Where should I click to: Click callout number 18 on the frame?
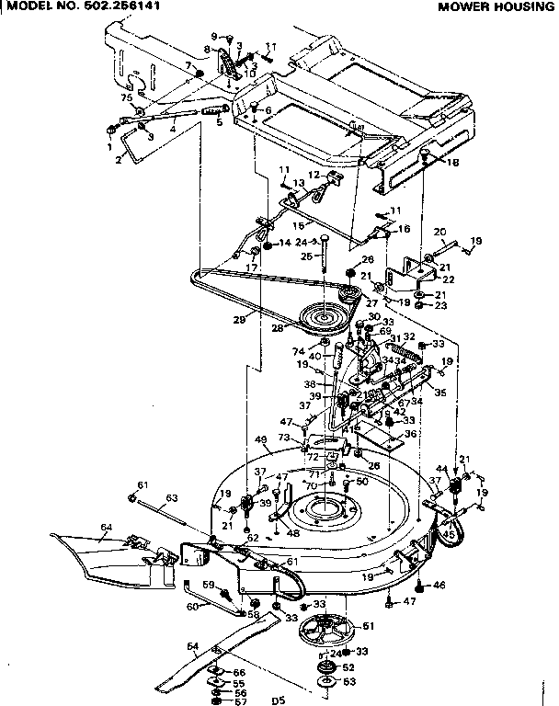452,163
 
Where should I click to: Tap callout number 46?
439,585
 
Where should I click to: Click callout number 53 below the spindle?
348,681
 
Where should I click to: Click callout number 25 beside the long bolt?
306,256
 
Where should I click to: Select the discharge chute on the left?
101,555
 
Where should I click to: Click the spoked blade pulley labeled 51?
326,633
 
